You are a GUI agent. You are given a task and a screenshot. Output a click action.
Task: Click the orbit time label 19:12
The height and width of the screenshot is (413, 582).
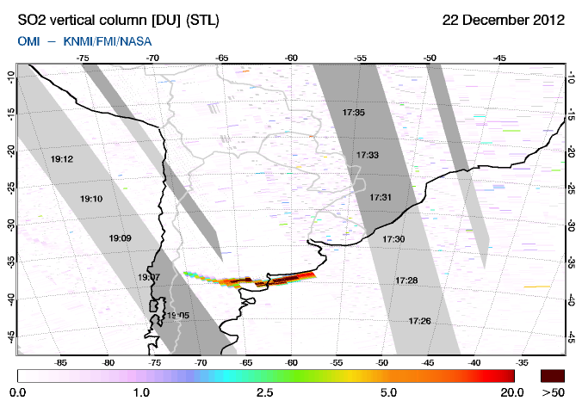[62, 159]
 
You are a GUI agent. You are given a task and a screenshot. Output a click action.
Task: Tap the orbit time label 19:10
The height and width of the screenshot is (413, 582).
[92, 199]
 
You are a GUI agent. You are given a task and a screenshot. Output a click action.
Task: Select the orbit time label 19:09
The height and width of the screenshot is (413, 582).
[120, 237]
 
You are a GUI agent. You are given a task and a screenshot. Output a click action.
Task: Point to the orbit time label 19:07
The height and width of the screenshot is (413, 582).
[148, 277]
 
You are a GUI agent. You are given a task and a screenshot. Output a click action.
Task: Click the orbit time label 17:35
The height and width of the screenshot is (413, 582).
[354, 113]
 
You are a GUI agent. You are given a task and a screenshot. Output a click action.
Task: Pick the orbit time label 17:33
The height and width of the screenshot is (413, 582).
[368, 155]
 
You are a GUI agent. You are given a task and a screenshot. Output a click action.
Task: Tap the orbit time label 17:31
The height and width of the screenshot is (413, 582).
[381, 197]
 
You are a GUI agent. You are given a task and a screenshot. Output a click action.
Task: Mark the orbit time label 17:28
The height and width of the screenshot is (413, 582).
[407, 280]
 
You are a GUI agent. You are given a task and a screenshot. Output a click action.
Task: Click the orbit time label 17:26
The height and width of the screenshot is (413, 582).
[420, 321]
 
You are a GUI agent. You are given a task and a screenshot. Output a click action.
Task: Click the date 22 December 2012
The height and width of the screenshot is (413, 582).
[503, 20]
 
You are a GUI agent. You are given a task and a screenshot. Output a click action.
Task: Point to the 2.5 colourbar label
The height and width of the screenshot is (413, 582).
[264, 393]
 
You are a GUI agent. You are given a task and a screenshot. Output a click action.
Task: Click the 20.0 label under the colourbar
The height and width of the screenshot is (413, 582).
[513, 393]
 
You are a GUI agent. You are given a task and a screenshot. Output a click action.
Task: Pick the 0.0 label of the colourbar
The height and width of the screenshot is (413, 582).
[18, 393]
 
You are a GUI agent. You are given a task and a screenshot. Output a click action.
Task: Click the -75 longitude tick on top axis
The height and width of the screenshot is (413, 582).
[84, 59]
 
